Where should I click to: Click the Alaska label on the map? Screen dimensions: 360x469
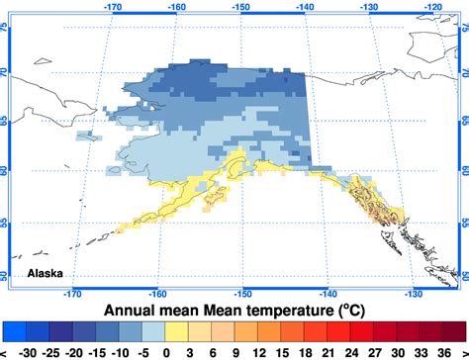click(x=47, y=273)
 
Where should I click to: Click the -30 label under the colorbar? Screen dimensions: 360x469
click(x=29, y=350)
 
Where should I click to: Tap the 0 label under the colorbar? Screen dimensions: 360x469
click(x=164, y=350)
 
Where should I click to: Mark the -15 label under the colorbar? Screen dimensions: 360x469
click(x=96, y=350)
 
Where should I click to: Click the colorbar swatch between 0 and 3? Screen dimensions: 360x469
click(x=175, y=330)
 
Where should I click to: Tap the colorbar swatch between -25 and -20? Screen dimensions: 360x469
click(x=62, y=330)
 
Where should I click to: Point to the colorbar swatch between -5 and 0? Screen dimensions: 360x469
click(x=152, y=330)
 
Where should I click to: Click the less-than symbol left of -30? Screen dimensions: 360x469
click(x=5, y=350)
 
